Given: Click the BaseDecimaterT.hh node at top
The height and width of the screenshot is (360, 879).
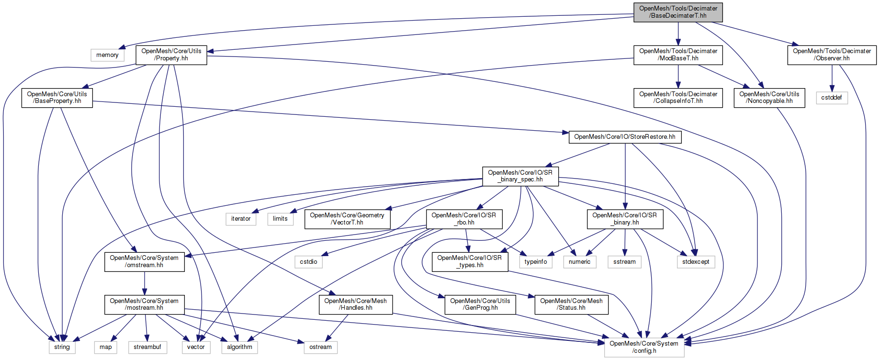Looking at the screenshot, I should (678, 12).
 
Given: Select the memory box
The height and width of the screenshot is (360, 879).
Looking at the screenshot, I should (107, 55).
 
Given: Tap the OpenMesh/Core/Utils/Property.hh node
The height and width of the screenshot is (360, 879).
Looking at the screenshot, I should (171, 55).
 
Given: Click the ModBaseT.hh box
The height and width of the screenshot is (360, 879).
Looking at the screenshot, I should (678, 55).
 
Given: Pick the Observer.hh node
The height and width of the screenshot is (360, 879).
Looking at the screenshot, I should (832, 55).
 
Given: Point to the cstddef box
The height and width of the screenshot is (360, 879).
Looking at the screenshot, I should (832, 98).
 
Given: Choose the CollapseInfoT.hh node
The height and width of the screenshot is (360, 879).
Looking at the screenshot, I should (678, 98).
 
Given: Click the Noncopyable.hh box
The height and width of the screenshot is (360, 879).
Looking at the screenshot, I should (769, 98).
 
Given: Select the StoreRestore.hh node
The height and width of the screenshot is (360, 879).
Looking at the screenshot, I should (625, 137).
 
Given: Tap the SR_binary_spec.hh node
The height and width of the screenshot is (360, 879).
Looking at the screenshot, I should (520, 176).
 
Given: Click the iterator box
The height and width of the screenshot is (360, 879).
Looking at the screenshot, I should (241, 219).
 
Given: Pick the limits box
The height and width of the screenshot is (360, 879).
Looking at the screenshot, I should (280, 219).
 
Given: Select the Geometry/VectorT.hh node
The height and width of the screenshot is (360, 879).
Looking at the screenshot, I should (347, 219).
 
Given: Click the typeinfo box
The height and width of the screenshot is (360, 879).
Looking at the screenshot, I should (536, 262).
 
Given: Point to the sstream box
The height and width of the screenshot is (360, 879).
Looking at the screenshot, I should (624, 262).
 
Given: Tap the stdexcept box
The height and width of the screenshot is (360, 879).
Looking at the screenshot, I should (696, 262).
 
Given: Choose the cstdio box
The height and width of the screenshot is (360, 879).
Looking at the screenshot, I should (308, 262).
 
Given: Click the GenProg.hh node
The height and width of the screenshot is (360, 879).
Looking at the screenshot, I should (480, 304).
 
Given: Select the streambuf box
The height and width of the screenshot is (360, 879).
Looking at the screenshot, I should (147, 347).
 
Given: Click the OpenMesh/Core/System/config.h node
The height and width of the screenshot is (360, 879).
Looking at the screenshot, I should (644, 347).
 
